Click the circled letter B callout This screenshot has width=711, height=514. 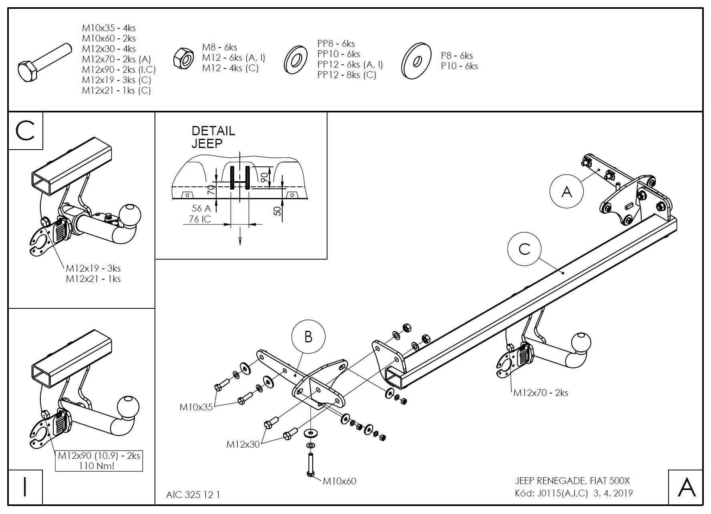click(308, 336)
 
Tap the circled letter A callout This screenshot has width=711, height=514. click(566, 192)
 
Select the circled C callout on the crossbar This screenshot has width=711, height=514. click(524, 249)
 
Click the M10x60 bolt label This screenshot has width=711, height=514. click(339, 481)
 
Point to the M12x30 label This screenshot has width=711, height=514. click(243, 444)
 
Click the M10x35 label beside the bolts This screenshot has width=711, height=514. click(196, 407)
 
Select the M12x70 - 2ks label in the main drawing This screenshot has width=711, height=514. click(540, 393)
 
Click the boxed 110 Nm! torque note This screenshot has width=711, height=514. click(99, 466)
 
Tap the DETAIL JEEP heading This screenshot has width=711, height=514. click(213, 137)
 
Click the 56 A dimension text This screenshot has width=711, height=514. click(201, 208)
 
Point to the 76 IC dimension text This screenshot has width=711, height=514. click(200, 219)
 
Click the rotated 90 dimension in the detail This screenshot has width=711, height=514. click(265, 178)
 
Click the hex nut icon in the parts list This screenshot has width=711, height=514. click(184, 58)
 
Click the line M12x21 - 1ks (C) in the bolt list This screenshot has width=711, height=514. click(116, 90)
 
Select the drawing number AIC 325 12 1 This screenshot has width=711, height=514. click(193, 495)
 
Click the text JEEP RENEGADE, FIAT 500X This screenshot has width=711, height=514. click(572, 481)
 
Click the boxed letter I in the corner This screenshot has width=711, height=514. click(25, 487)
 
